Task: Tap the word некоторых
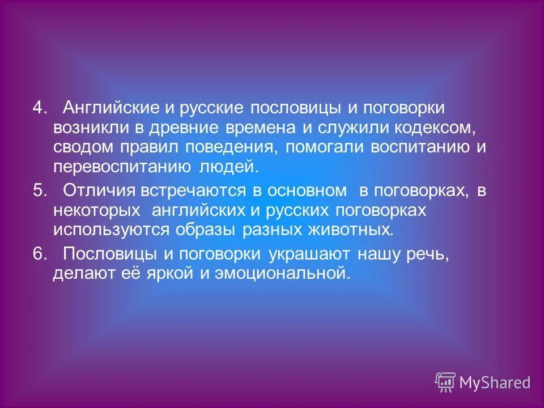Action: click(x=96, y=210)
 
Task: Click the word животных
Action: click(x=357, y=230)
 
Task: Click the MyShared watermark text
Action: click(x=495, y=383)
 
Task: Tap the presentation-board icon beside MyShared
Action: click(x=445, y=382)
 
